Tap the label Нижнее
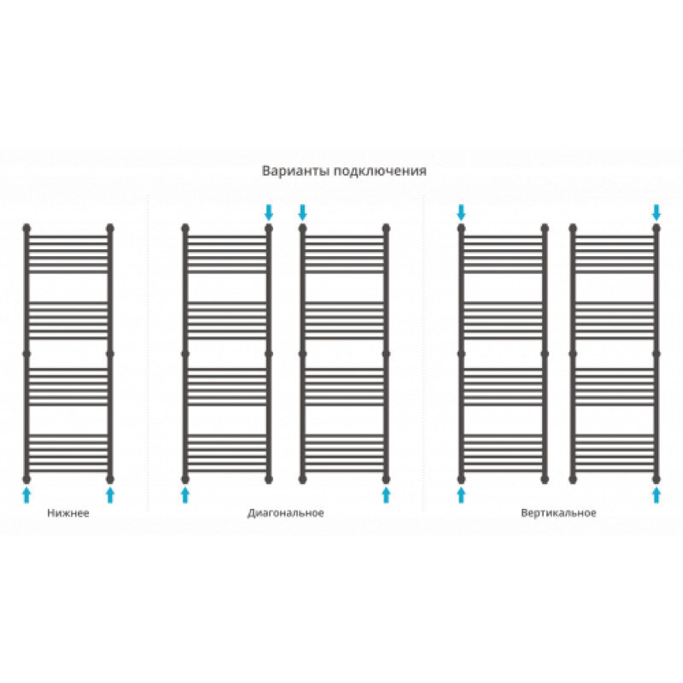(x=68, y=514)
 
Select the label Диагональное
(x=286, y=514)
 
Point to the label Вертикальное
(x=557, y=514)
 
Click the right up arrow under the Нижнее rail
(x=109, y=494)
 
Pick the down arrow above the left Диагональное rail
(x=269, y=211)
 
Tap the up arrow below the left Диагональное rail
(x=185, y=494)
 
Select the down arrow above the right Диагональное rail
(x=302, y=211)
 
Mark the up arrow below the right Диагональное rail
(x=386, y=494)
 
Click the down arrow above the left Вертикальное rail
(x=461, y=211)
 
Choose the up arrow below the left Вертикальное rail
(x=461, y=494)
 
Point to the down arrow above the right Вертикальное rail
(x=656, y=211)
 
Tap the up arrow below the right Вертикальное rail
(x=656, y=494)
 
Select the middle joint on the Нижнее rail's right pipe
(x=109, y=352)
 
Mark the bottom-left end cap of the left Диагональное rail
(x=185, y=478)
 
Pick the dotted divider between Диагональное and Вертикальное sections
(x=424, y=359)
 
